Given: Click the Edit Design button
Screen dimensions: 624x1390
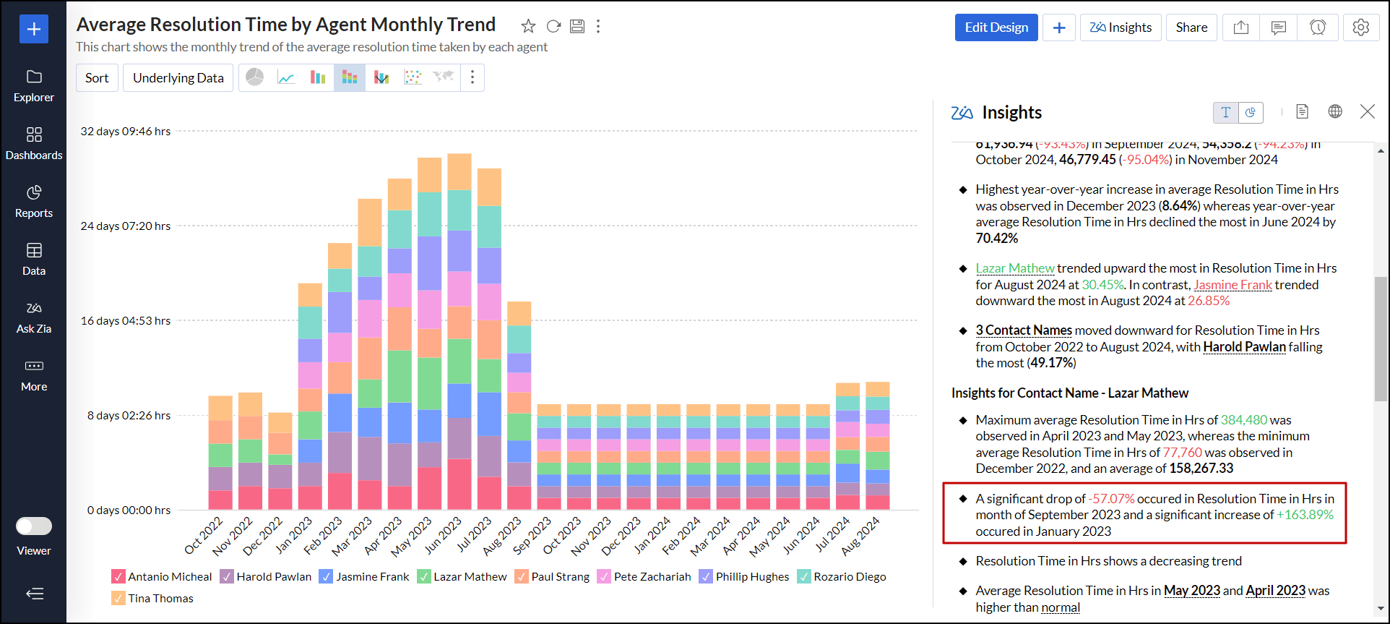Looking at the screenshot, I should coord(996,27).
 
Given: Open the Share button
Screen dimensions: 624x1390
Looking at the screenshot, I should coord(1191,27).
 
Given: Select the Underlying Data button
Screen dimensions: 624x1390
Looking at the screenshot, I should coord(178,78).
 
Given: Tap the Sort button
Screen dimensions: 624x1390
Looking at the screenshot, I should coord(97,78).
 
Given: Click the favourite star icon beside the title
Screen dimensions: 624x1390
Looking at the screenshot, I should coord(528,27).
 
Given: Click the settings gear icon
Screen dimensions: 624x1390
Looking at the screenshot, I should coord(1360,27).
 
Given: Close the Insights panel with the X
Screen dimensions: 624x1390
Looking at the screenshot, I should coord(1367,111).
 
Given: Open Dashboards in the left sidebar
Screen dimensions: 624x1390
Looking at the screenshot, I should coord(34,143).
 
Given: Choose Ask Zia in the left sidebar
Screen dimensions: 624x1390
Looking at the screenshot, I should coord(34,317).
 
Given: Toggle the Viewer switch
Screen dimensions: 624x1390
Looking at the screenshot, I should coord(34,526).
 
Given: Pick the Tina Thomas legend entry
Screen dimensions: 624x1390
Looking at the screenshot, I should coord(160,599).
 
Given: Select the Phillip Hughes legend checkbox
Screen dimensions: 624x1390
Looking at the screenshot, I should coord(706,577).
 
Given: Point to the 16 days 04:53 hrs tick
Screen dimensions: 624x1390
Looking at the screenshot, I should coord(126,321).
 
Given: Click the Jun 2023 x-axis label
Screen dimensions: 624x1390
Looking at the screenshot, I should coord(442,536).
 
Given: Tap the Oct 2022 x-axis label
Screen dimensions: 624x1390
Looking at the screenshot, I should coord(204,536).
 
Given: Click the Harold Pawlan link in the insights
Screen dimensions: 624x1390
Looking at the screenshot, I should coord(1244,347).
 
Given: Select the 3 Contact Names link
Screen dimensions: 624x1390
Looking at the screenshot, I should coord(1024,330).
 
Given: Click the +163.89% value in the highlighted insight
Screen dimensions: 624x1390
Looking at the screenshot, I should coord(1305,515).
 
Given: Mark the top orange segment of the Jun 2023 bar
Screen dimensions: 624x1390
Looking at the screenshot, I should coord(459,171).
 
